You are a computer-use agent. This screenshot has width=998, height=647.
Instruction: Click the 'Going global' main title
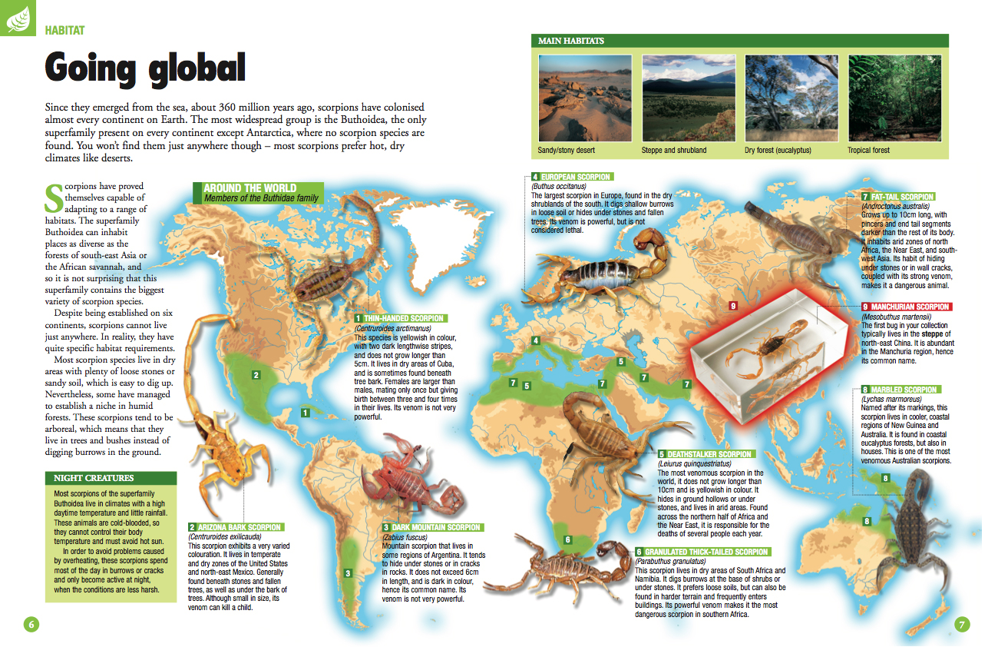[145, 68]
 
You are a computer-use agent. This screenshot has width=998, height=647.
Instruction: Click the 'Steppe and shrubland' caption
[673, 151]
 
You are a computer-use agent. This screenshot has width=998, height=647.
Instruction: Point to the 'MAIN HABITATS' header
[570, 41]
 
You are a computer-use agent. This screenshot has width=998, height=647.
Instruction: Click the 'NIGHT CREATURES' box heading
[94, 478]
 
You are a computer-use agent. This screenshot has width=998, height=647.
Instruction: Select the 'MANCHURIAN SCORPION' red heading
[910, 307]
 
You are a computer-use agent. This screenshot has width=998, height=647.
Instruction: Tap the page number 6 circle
[31, 623]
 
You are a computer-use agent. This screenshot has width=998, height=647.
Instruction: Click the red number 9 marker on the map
[733, 306]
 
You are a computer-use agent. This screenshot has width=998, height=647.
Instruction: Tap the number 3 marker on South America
[348, 573]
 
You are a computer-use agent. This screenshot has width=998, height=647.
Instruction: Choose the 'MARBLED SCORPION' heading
[903, 390]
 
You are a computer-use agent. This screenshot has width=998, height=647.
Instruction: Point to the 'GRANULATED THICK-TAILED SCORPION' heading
[706, 552]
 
